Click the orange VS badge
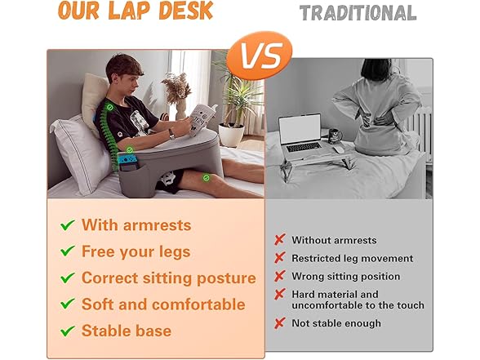[x=260, y=56]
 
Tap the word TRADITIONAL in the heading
[x=358, y=13]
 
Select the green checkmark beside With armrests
[x=68, y=225]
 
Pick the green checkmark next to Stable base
[x=68, y=331]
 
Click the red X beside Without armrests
[x=280, y=240]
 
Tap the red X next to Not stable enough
[x=280, y=323]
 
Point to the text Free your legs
[x=136, y=252]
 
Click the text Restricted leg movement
[x=353, y=258]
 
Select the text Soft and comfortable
[x=163, y=304]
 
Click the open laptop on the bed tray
[x=301, y=133]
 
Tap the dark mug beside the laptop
[x=336, y=136]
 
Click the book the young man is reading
[x=202, y=118]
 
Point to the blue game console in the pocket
[x=127, y=159]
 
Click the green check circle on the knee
[x=207, y=178]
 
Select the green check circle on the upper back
[x=110, y=107]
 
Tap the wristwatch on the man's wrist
[x=171, y=134]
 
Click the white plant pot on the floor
[x=231, y=135]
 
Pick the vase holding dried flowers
[x=180, y=109]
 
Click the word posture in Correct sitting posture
[x=226, y=278]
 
